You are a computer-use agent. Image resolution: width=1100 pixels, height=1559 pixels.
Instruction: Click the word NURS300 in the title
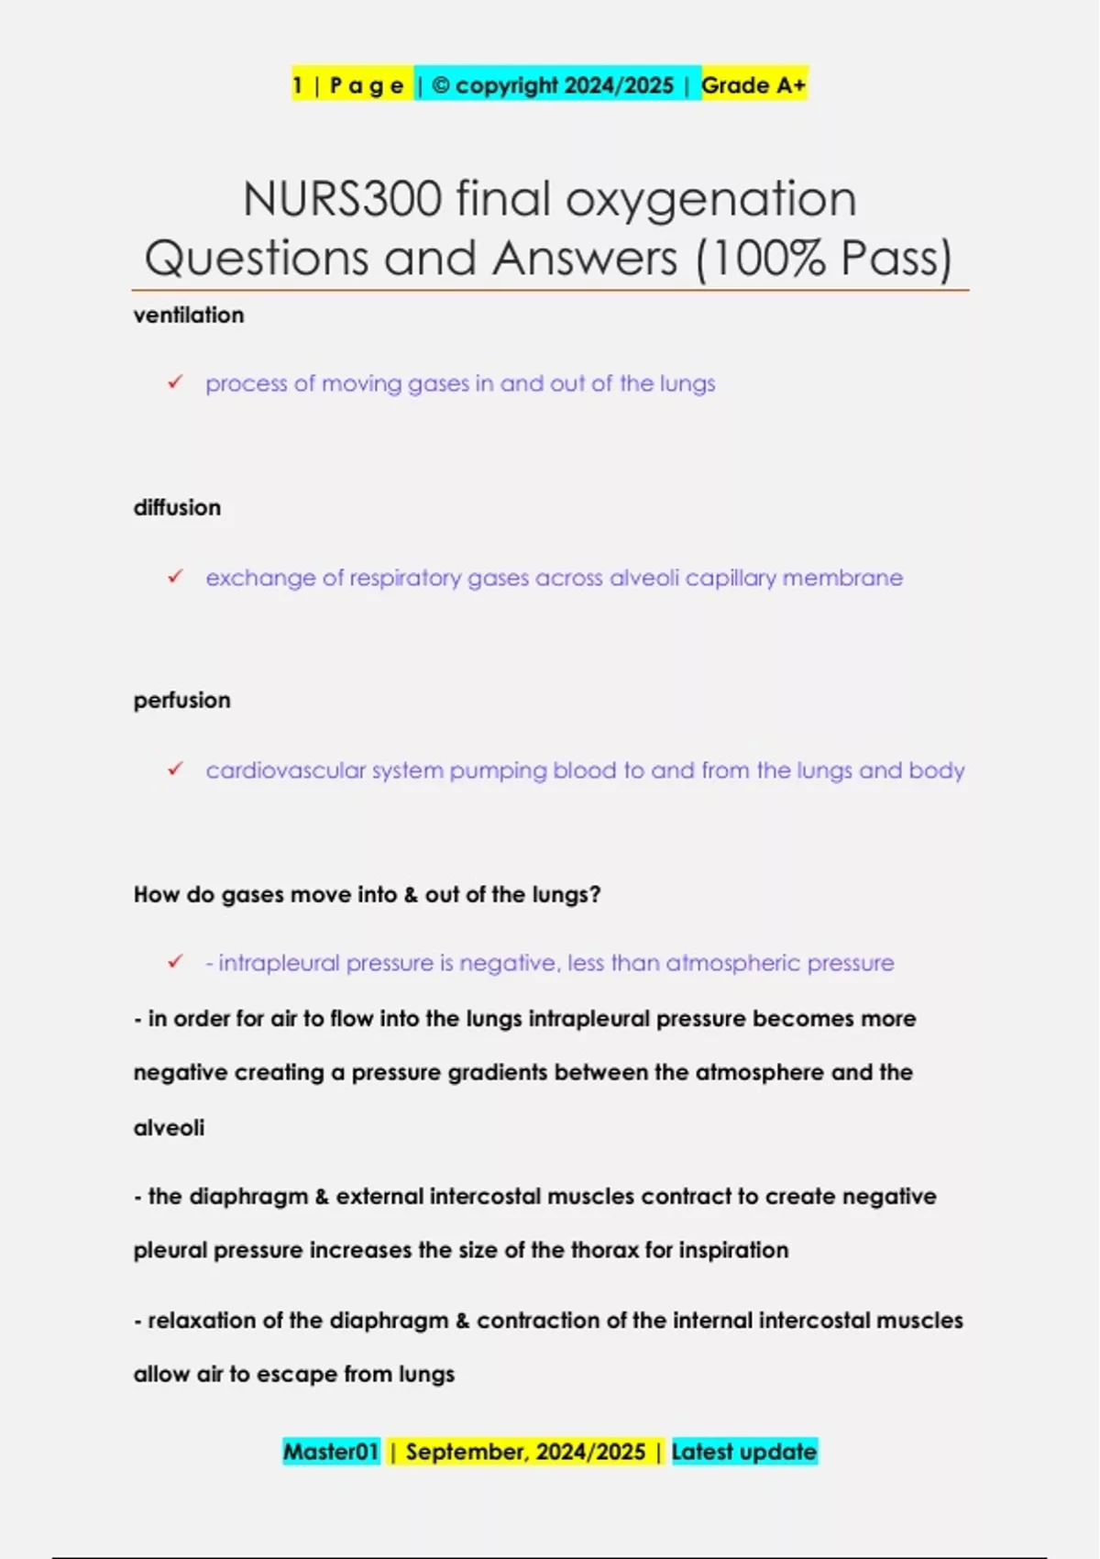(342, 199)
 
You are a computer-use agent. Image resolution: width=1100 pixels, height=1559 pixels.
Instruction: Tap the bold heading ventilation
(189, 315)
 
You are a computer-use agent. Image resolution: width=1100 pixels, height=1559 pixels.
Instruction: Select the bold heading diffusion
(177, 508)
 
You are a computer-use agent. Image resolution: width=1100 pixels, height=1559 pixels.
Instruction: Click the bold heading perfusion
(181, 701)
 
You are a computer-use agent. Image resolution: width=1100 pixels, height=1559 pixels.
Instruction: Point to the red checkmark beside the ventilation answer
(175, 382)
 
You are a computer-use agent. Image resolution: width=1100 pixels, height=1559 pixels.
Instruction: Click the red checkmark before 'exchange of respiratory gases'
(175, 577)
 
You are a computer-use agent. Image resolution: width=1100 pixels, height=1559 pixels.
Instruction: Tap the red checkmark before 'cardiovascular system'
(175, 769)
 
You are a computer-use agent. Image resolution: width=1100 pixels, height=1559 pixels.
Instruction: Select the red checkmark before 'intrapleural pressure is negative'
(175, 962)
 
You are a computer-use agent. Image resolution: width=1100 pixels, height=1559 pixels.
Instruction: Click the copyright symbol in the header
(440, 85)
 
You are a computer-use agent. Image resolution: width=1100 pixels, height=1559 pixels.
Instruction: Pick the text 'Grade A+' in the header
(753, 85)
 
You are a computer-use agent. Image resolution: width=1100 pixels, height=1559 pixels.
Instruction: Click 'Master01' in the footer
(331, 1452)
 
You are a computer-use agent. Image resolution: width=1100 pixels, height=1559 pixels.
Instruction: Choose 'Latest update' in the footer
(743, 1452)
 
